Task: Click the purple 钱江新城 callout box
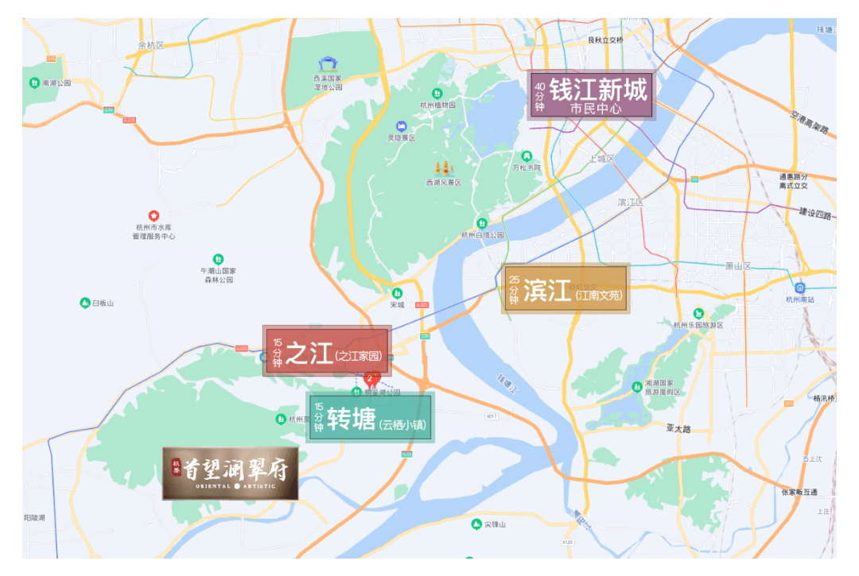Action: point(590,95)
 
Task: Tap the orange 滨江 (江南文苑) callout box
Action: point(566,289)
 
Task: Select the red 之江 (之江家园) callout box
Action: point(327,350)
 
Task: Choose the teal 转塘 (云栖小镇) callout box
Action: point(370,417)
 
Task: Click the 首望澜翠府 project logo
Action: point(230,473)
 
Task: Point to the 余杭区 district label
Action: point(150,45)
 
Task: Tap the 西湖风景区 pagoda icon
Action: point(443,168)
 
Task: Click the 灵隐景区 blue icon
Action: point(402,126)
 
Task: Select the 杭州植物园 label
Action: point(438,105)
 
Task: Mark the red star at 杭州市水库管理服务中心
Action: point(154,215)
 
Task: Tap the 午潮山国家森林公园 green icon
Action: point(218,259)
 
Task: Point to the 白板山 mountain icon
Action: point(85,303)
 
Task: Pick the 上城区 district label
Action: point(602,159)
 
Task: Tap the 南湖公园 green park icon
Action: point(34,83)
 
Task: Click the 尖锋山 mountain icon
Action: point(476,524)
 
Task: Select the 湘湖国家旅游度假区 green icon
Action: point(636,386)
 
